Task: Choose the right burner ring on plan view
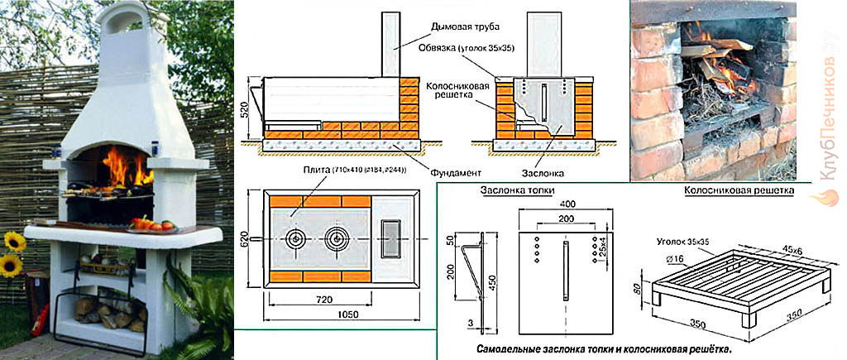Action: pos(336,239)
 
